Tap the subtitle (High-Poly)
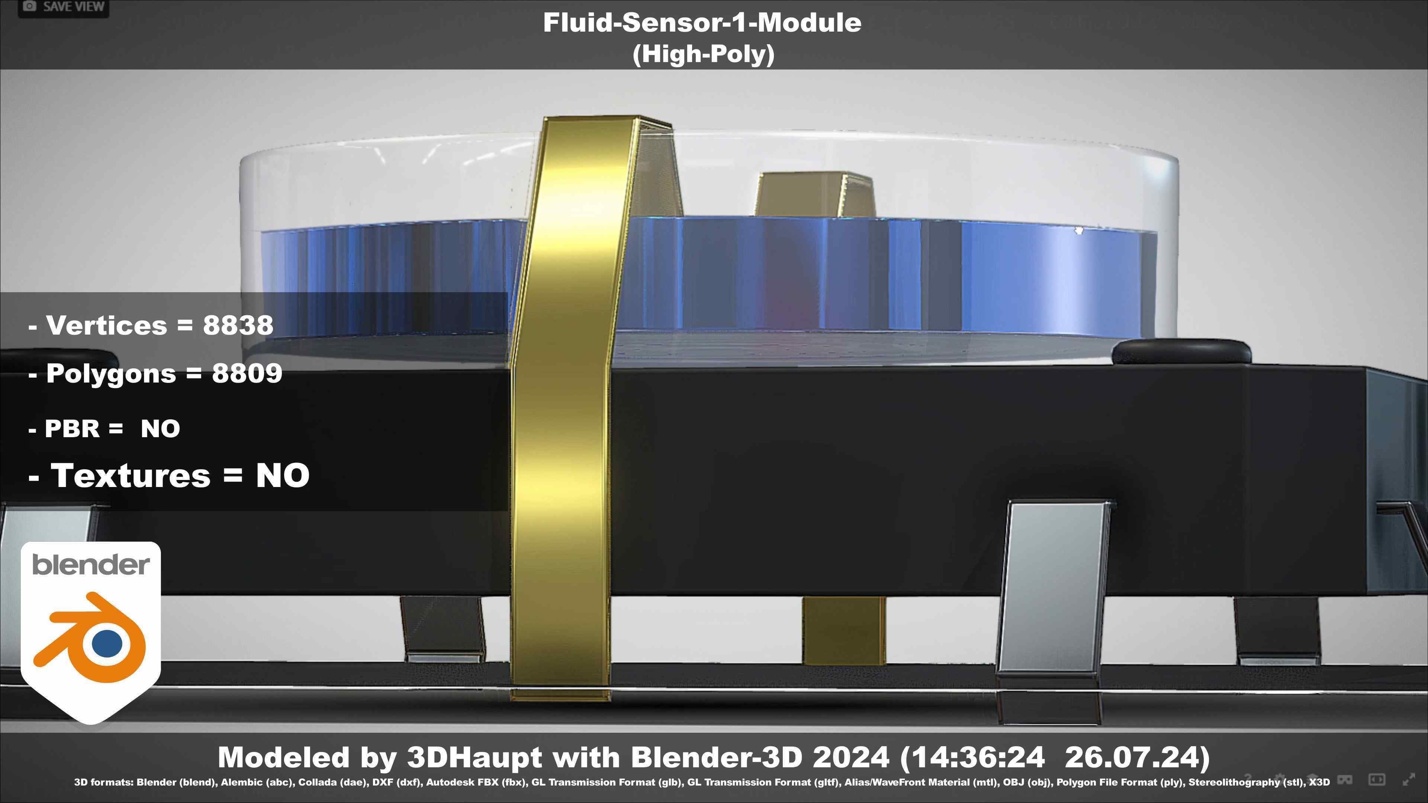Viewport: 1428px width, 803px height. point(703,54)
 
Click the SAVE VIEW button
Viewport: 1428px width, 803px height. point(63,7)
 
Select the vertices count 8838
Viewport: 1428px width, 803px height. point(238,325)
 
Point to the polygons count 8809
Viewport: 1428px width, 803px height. point(247,374)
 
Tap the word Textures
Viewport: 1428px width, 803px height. point(131,475)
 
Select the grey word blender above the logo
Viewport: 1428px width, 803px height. point(91,565)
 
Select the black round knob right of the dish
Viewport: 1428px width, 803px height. point(1181,352)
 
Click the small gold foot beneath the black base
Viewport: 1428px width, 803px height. point(843,632)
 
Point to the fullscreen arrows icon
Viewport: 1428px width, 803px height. point(1409,780)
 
